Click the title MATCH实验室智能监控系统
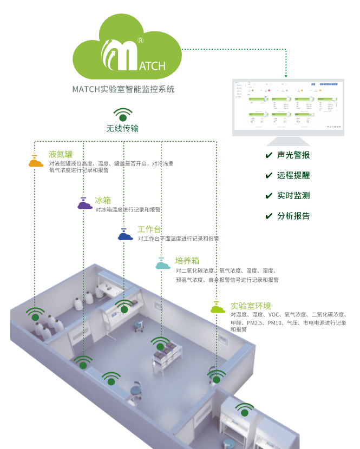[x=123, y=89]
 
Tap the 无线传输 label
[x=122, y=129]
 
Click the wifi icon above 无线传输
[x=123, y=115]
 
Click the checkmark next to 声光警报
[x=269, y=155]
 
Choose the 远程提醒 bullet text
[x=293, y=176]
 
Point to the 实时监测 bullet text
[x=293, y=196]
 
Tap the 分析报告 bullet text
[x=293, y=216]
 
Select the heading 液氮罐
[x=60, y=154]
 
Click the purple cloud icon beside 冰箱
[x=84, y=204]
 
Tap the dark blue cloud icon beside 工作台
[x=126, y=235]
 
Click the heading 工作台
[x=149, y=230]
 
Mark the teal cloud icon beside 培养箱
[x=163, y=265]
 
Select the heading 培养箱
[x=187, y=260]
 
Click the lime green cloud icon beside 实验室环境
[x=218, y=309]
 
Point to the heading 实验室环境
[x=251, y=306]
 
